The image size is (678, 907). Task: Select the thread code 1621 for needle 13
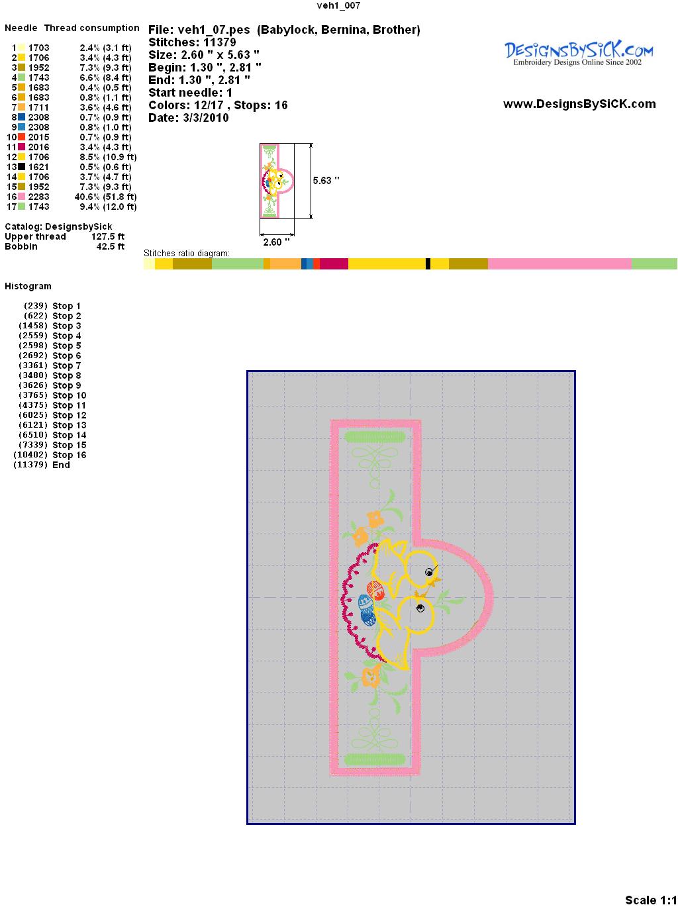click(x=39, y=167)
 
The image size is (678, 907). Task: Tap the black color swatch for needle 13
click(x=21, y=167)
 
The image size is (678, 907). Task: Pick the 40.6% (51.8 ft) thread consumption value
click(x=105, y=197)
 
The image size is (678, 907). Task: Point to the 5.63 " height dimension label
click(x=326, y=181)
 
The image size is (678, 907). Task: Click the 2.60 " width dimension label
click(x=276, y=242)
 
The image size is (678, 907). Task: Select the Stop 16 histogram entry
click(x=70, y=455)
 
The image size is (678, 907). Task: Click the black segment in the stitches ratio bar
click(x=428, y=263)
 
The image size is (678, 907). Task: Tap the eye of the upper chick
click(x=429, y=572)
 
